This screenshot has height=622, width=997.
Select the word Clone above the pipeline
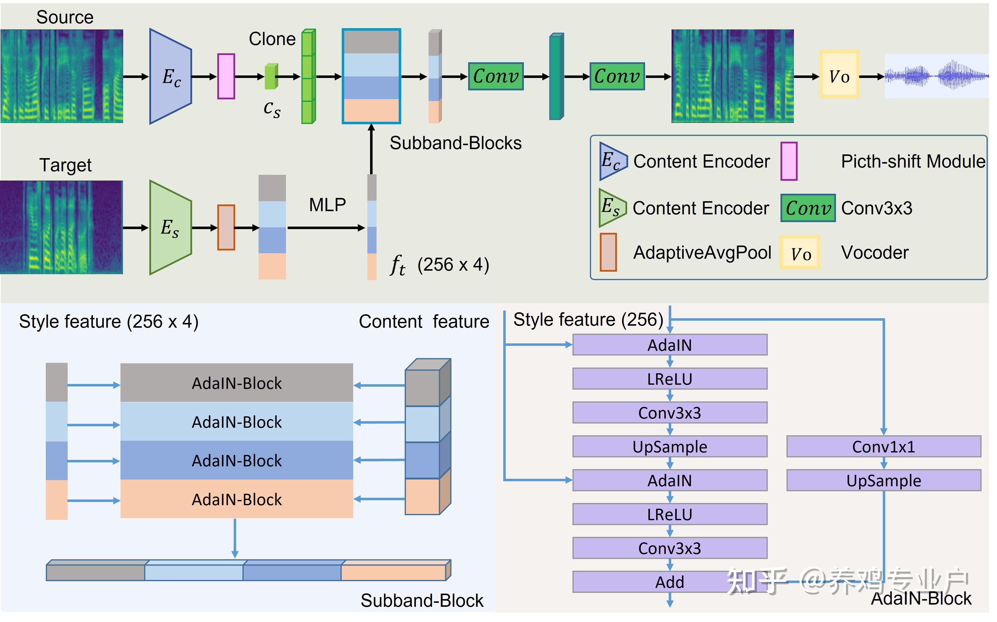coord(272,39)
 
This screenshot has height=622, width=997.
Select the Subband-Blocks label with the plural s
coord(455,143)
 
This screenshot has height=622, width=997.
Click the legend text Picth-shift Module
coord(913,161)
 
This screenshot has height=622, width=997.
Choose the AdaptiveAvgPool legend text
coord(702,252)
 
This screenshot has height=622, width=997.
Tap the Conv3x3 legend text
coord(877,208)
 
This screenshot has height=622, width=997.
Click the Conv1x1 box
coord(884,447)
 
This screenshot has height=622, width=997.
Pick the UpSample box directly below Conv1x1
coord(884,481)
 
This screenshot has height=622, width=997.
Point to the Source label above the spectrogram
coord(65,17)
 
